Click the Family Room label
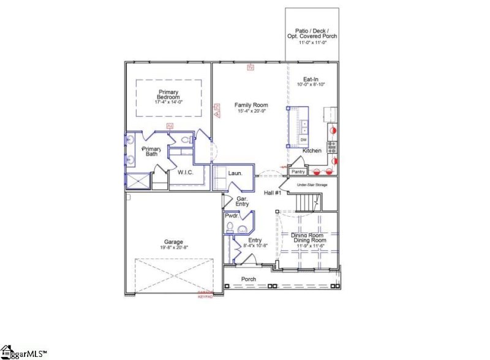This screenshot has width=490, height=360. (252, 105)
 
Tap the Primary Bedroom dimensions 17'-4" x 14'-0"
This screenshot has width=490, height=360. (168, 103)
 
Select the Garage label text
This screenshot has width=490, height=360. (173, 242)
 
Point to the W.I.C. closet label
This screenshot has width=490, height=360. (186, 173)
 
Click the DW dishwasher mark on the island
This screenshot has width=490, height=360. (303, 140)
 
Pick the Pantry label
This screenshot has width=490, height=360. (298, 172)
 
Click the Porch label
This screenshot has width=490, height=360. (249, 279)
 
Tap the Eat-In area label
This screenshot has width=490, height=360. (311, 79)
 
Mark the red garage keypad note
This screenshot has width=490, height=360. (205, 294)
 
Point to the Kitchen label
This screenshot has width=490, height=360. (312, 151)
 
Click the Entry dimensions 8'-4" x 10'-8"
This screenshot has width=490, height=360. (255, 246)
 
